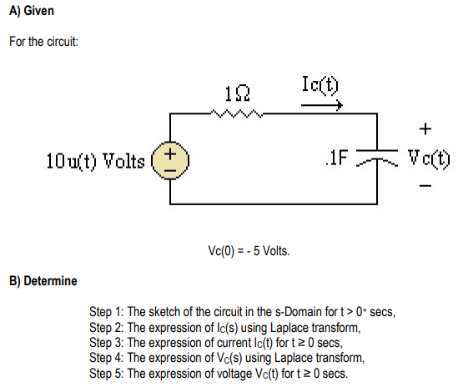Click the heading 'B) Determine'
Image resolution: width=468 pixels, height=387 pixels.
pyautogui.click(x=43, y=280)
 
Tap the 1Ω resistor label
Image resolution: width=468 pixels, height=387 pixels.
pyautogui.click(x=235, y=90)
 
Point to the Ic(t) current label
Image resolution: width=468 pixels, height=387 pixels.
pyautogui.click(x=322, y=84)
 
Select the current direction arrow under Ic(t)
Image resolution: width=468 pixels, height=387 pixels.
pyautogui.click(x=322, y=105)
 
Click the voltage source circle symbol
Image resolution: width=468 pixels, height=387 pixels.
pyautogui.click(x=170, y=158)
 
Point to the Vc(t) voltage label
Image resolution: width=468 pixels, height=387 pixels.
pyautogui.click(x=429, y=158)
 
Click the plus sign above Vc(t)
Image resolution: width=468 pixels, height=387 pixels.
pyautogui.click(x=426, y=128)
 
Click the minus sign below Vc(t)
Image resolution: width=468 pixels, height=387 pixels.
pyautogui.click(x=426, y=187)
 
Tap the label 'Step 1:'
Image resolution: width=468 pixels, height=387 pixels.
pyautogui.click(x=106, y=312)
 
